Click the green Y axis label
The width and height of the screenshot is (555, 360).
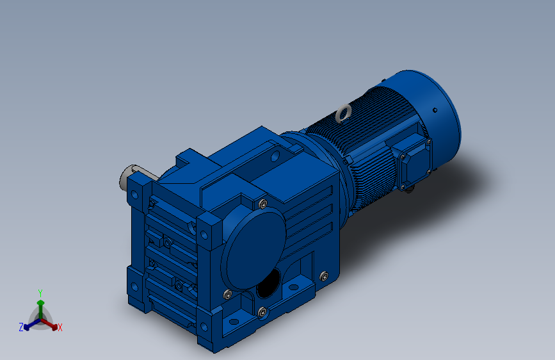tap(40, 293)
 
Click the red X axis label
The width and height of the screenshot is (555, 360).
tap(60, 327)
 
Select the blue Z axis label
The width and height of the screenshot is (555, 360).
tap(21, 327)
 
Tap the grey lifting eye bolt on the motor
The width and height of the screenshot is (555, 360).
tap(343, 113)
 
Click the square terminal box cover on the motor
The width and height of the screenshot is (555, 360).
tap(414, 163)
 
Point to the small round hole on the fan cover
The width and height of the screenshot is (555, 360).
tap(435, 110)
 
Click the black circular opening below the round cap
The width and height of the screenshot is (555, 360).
tap(269, 282)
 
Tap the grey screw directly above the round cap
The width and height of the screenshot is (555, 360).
tap(263, 204)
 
